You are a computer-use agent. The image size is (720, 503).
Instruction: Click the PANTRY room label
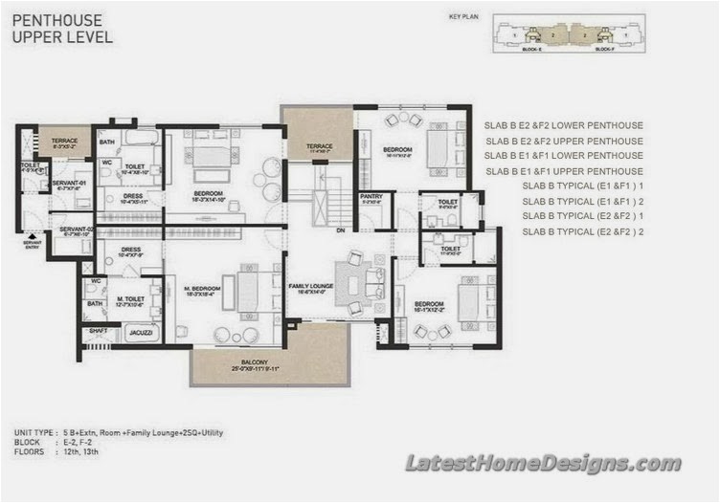(x=371, y=198)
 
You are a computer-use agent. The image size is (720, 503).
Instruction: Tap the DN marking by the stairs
(x=339, y=230)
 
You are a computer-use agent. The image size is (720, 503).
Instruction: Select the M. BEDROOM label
(x=202, y=290)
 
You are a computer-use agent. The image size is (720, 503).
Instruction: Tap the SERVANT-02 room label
(x=75, y=230)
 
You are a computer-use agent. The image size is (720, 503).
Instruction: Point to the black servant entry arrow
(x=33, y=236)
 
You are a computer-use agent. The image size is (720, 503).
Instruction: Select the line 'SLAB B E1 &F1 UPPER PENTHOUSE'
(x=563, y=171)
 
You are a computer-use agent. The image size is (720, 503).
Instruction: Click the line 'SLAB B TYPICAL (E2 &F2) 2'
(x=582, y=232)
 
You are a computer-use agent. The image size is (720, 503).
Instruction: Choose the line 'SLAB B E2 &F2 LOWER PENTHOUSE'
(x=563, y=125)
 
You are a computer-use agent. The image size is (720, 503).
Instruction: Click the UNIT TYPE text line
(x=120, y=433)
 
